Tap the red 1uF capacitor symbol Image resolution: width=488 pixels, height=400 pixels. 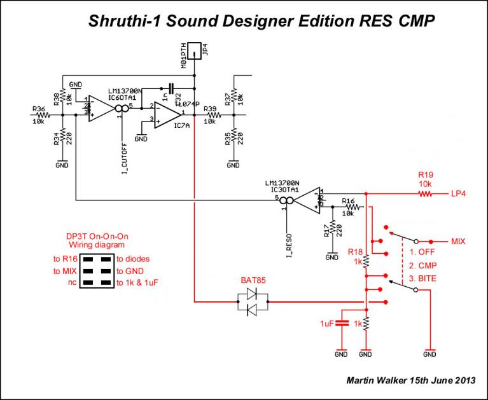coord(342,322)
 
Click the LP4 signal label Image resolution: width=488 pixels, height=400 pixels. coord(459,193)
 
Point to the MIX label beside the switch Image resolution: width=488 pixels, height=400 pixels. coord(458,242)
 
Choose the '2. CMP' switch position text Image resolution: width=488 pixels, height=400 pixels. coord(422,265)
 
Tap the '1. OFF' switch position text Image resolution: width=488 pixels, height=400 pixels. coord(422,252)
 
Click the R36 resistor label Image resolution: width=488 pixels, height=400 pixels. coord(38,109)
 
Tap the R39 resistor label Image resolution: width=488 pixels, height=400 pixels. coord(210,109)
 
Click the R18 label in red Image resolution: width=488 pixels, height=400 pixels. coord(355,252)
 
